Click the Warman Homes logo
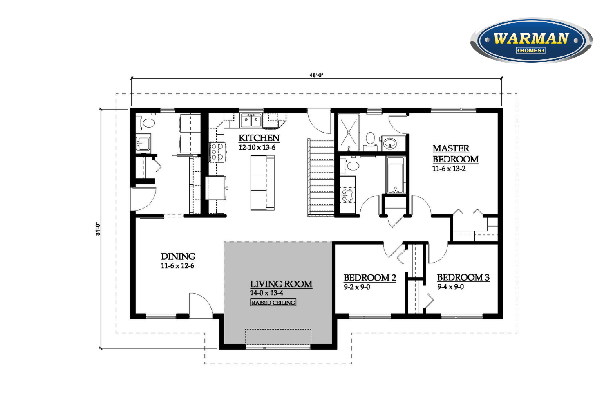(x=531, y=40)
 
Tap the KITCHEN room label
(x=259, y=138)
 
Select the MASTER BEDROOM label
(x=455, y=154)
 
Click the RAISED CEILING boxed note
(x=273, y=302)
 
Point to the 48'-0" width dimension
(x=316, y=75)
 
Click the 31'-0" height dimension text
(x=98, y=229)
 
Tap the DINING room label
(x=178, y=256)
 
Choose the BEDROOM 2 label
(x=370, y=278)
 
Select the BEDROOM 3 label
(x=463, y=277)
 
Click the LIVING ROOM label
(x=281, y=284)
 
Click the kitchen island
(x=262, y=183)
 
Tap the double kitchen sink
(x=251, y=120)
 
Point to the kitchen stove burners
(x=217, y=152)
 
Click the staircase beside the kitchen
(x=321, y=178)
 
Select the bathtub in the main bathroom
(x=396, y=175)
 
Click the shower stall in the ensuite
(x=349, y=132)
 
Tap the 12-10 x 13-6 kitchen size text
(x=257, y=147)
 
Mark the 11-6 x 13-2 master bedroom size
(x=449, y=169)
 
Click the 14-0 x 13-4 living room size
(x=266, y=292)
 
